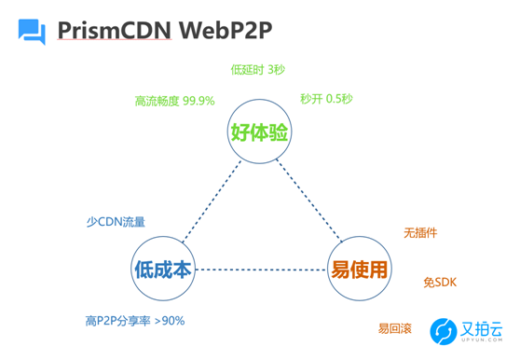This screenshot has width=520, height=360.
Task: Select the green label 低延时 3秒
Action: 258,69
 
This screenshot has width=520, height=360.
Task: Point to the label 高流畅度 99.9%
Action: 174,100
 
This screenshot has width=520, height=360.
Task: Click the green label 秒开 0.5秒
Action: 326,98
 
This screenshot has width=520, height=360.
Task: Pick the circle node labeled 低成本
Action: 163,270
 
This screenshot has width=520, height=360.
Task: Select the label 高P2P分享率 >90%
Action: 135,321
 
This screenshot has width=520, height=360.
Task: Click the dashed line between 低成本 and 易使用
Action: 261,270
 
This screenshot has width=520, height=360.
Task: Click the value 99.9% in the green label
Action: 198,100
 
